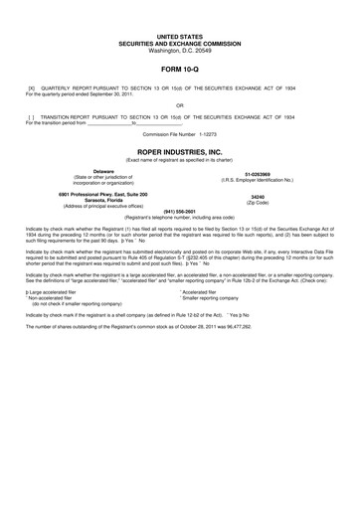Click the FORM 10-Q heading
[179, 71]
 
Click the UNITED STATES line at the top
[179, 35]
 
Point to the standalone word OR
[179, 103]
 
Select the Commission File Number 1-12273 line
[179, 133]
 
